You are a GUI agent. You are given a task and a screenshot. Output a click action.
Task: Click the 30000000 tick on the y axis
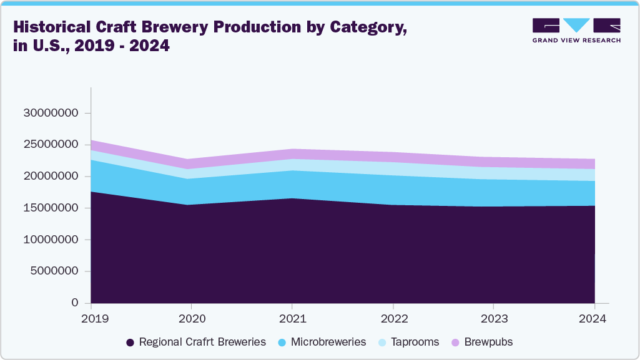[51, 114]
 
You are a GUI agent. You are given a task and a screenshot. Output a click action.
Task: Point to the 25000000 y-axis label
[51, 145]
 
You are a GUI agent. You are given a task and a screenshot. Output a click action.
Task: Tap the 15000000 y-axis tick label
[51, 208]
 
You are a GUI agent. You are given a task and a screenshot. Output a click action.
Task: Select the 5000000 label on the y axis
[54, 271]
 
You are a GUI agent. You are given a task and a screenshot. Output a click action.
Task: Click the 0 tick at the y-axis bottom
[75, 303]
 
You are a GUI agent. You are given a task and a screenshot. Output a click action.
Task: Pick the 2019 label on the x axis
[91, 318]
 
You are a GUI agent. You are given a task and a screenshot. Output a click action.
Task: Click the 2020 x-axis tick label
[192, 318]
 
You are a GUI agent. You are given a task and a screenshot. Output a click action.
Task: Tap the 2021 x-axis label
[292, 318]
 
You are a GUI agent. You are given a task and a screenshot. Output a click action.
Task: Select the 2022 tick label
[393, 318]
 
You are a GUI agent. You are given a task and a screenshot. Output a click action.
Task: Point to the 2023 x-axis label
[493, 318]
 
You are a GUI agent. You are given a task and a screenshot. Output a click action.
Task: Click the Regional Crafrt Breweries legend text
[202, 342]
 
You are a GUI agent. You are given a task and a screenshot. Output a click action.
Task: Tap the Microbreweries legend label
[328, 342]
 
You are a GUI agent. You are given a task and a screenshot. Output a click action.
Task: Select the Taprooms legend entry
[415, 342]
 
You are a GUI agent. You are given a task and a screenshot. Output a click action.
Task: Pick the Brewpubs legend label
[488, 342]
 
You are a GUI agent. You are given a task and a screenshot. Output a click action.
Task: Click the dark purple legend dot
[130, 343]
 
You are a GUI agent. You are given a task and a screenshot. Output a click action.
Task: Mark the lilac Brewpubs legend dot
[455, 343]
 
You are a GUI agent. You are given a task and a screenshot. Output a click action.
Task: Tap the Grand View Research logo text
[576, 40]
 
